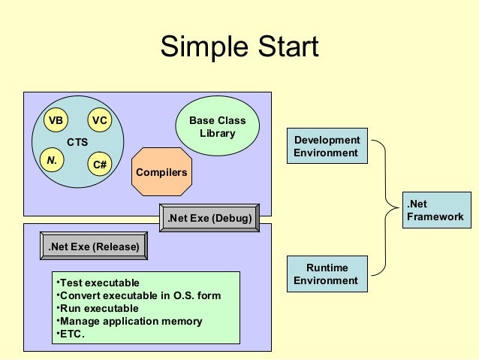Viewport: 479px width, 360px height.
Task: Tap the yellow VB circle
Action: click(x=54, y=121)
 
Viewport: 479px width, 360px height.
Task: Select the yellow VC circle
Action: click(x=99, y=121)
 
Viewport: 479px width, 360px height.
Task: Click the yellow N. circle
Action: click(x=53, y=159)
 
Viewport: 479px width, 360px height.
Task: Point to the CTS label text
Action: click(x=77, y=142)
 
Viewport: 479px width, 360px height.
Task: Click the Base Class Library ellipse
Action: click(x=217, y=126)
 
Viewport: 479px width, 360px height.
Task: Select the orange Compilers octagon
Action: click(x=161, y=173)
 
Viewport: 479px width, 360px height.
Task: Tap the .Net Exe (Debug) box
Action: click(x=209, y=219)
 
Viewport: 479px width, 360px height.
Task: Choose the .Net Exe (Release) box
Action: click(x=94, y=246)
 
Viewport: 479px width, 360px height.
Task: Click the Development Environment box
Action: click(x=327, y=147)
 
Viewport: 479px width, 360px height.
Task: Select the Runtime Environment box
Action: click(x=327, y=274)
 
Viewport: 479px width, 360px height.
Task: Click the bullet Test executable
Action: click(x=98, y=283)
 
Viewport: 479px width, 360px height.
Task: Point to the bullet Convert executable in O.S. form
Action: click(x=139, y=295)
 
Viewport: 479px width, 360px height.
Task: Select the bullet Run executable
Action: click(x=98, y=308)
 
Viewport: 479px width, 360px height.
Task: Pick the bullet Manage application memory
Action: click(x=129, y=321)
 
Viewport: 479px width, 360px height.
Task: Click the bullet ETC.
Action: click(x=71, y=334)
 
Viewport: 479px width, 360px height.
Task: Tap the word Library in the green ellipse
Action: click(x=217, y=134)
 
